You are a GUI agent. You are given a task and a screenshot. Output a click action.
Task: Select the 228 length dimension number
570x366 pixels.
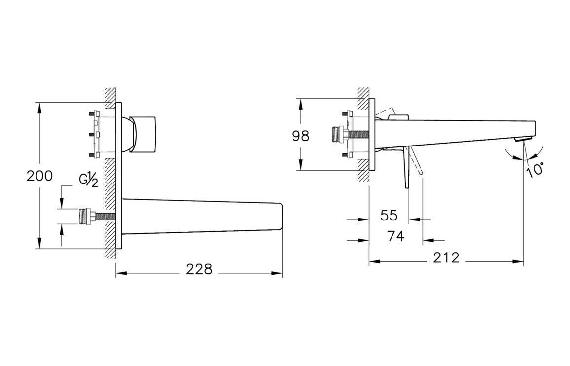pyautogui.click(x=199, y=269)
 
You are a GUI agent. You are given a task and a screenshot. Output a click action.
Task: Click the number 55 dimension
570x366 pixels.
pyautogui.click(x=389, y=215)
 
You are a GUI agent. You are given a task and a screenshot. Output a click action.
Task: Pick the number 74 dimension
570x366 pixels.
pyautogui.click(x=396, y=236)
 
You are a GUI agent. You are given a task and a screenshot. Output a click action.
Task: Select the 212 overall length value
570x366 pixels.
pyautogui.click(x=447, y=257)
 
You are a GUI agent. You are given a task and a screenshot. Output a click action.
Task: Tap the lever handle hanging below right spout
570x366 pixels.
pyautogui.click(x=407, y=168)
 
